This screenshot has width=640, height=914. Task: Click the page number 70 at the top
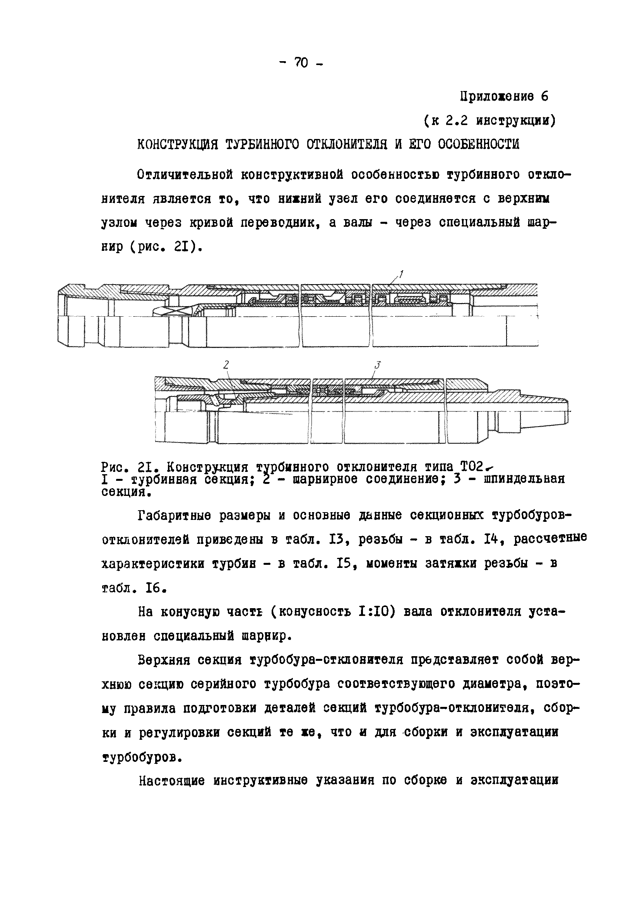[301, 62]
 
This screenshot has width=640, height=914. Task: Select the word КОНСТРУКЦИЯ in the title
[178, 144]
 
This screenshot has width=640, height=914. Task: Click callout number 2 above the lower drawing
[226, 364]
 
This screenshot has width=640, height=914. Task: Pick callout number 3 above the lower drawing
[378, 364]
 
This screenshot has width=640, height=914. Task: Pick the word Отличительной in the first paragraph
[184, 175]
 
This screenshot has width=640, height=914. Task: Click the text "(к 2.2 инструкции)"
[489, 120]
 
